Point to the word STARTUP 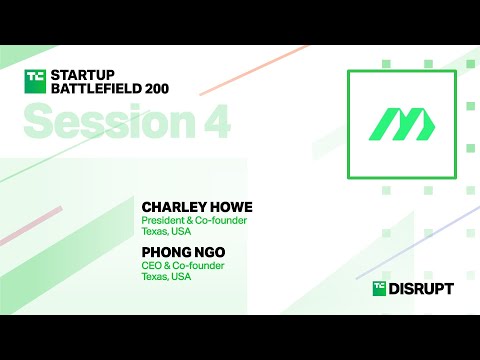[85, 74]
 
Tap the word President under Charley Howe [163, 221]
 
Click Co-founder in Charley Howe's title [221, 221]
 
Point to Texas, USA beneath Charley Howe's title [167, 233]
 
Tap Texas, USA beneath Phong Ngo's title [167, 277]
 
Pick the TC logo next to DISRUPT [380, 288]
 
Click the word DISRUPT [422, 288]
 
